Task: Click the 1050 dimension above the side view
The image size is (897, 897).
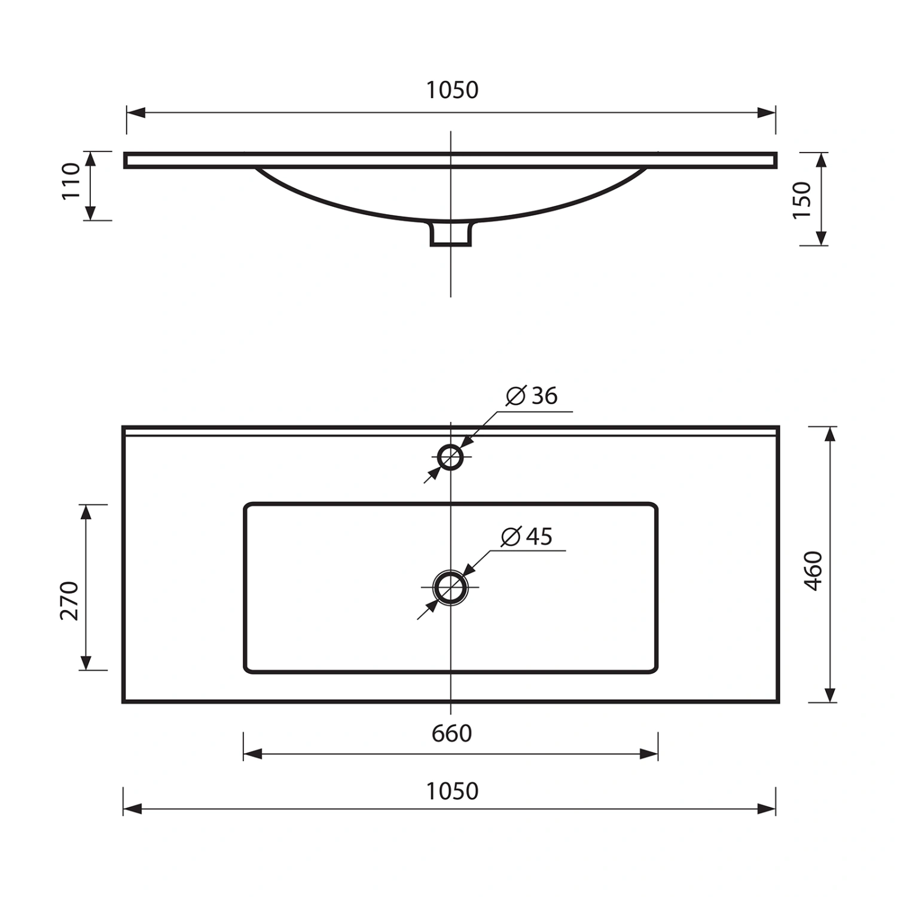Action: point(452,90)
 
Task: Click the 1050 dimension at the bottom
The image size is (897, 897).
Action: point(452,791)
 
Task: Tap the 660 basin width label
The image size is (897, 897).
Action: point(452,734)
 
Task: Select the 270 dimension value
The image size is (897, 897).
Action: point(69,600)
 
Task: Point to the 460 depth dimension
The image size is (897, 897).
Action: point(814,570)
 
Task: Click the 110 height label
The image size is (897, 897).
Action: point(71,181)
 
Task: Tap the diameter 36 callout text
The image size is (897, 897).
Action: point(532,396)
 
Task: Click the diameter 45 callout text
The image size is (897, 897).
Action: point(527,536)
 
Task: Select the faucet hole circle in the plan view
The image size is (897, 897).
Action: point(450,446)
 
